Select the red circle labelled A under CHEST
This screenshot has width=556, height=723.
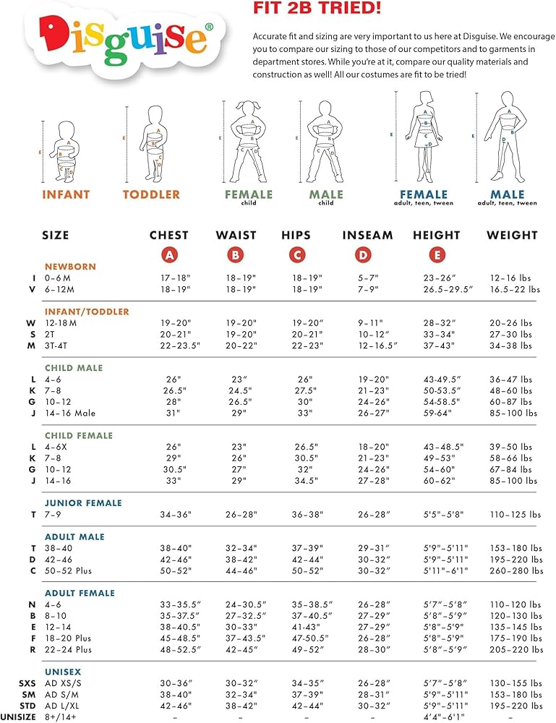(x=169, y=254)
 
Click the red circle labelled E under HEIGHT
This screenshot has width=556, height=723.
(x=437, y=254)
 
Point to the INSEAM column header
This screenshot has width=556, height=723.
(x=367, y=235)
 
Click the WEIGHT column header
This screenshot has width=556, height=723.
(x=512, y=235)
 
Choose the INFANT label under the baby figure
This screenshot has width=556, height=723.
(x=66, y=194)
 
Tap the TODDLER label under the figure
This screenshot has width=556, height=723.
(x=151, y=194)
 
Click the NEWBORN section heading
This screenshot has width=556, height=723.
(x=70, y=267)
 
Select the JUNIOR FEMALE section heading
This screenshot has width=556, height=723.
(x=83, y=503)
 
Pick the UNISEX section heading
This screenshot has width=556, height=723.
(x=62, y=672)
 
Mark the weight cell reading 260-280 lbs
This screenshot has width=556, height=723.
(x=514, y=571)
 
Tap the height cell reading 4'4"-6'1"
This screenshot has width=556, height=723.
(x=436, y=717)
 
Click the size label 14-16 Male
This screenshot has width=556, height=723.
(x=70, y=414)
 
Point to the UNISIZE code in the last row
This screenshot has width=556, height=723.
(x=19, y=717)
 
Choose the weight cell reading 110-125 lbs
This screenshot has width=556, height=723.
(x=514, y=515)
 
